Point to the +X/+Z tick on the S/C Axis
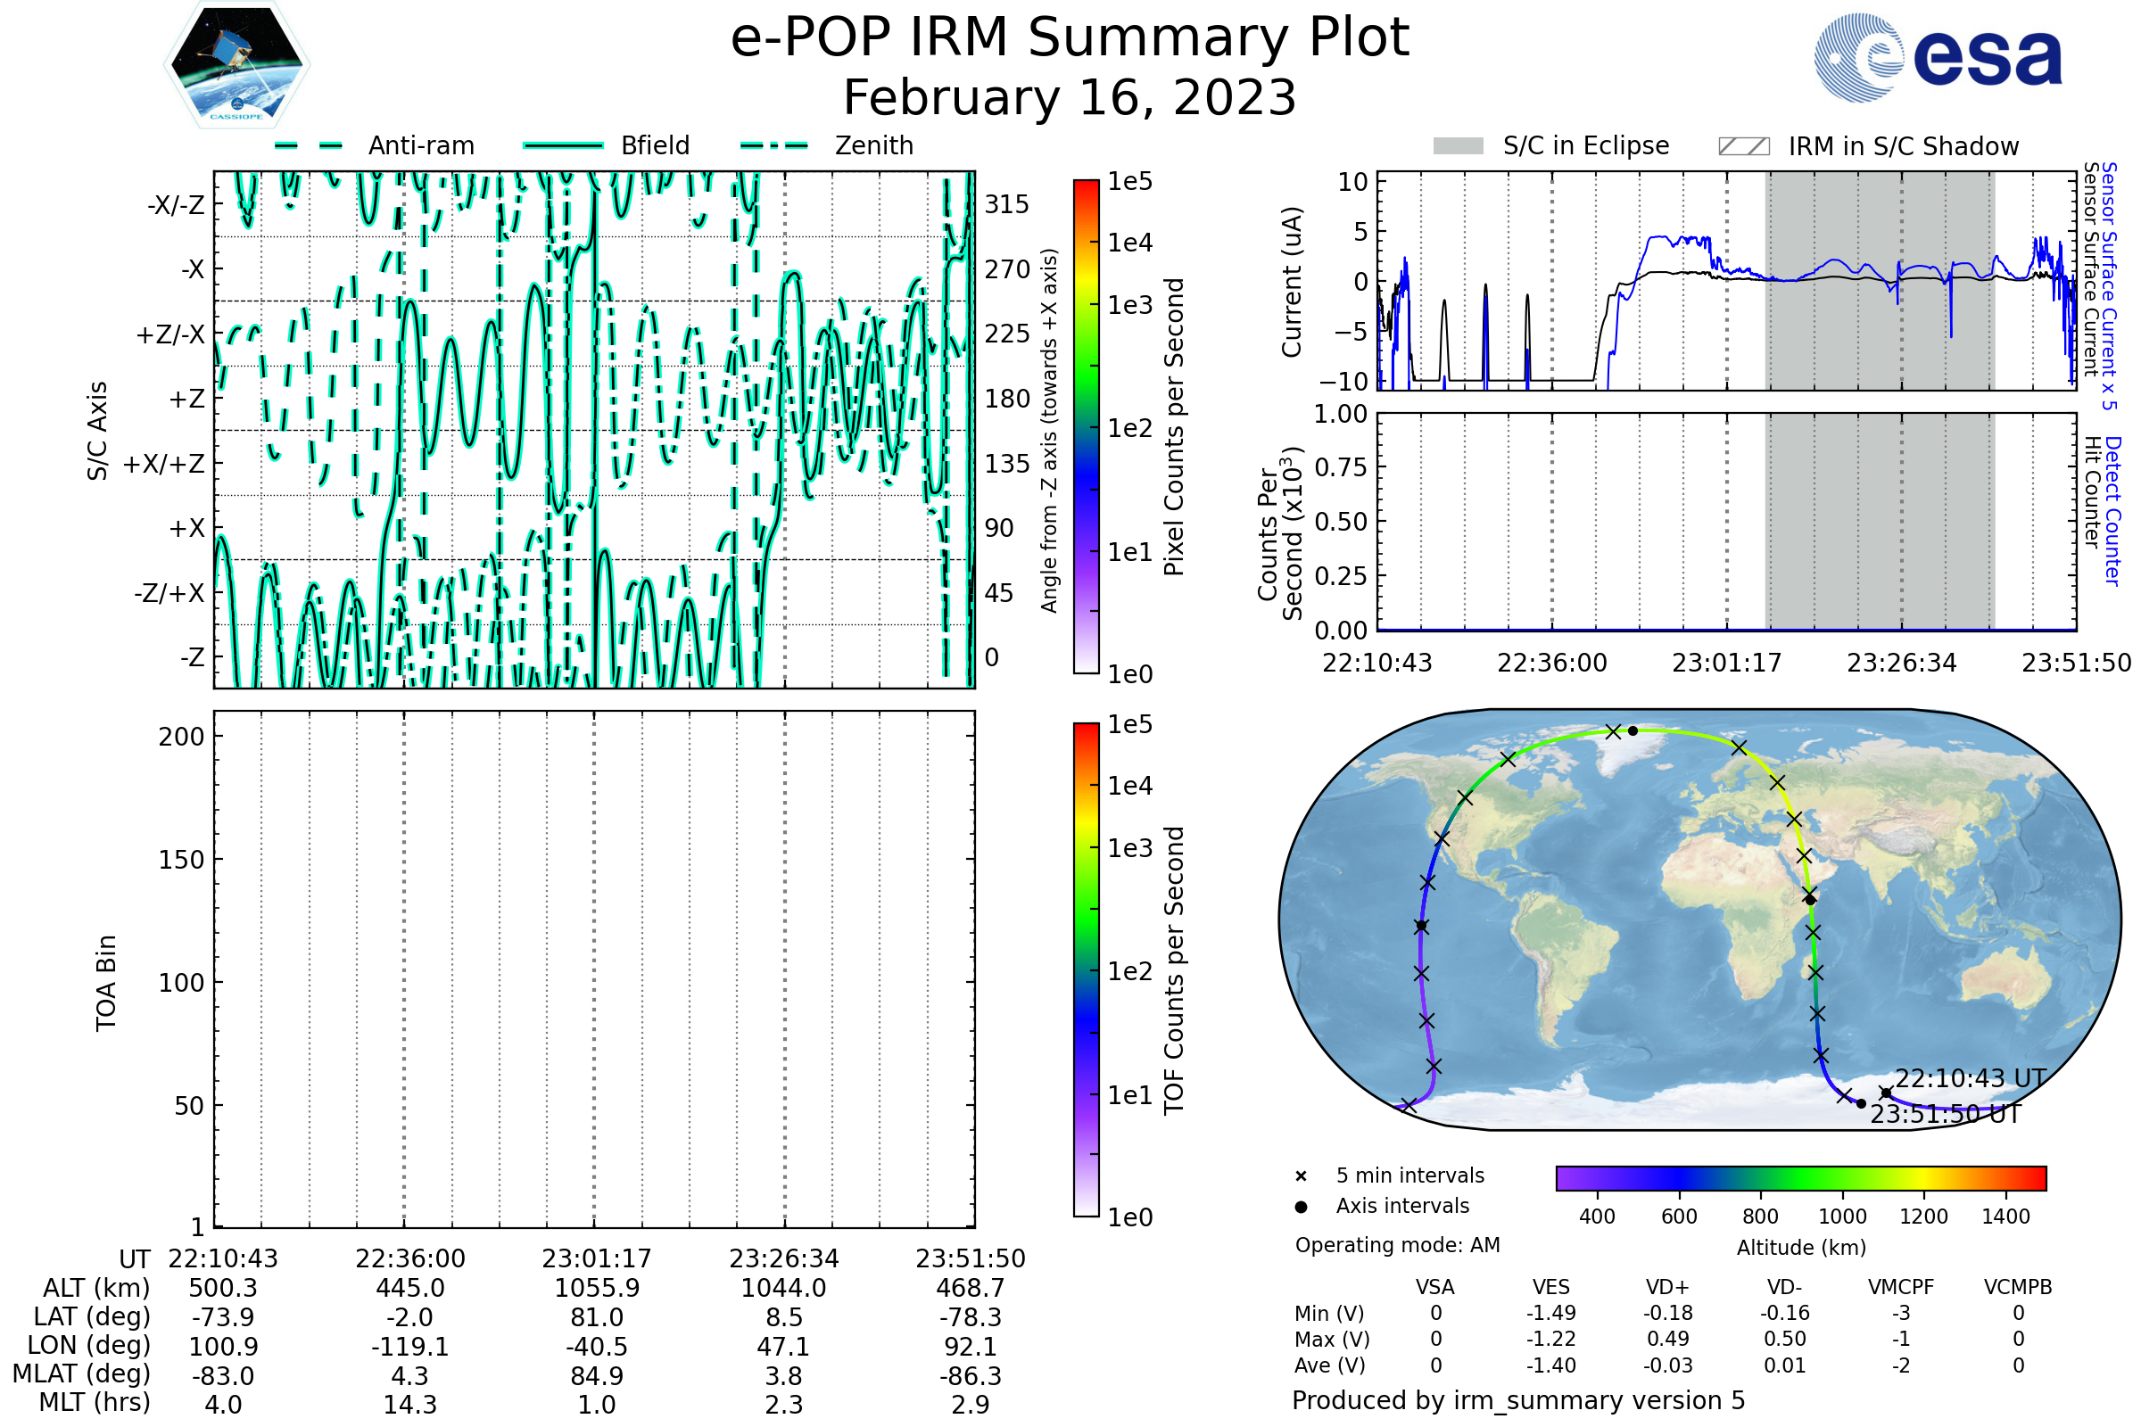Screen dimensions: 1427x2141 tap(164, 464)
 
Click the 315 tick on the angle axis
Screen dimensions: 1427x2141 tap(1006, 204)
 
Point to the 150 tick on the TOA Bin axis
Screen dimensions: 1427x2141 tap(181, 860)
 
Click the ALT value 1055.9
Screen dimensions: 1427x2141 tap(596, 1289)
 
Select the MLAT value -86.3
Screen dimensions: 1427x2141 tap(970, 1376)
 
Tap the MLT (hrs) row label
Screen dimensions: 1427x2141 tap(94, 1402)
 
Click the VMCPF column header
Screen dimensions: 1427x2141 tap(1901, 1288)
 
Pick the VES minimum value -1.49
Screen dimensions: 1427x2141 tap(1550, 1313)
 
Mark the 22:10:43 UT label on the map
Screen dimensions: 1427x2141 tap(1971, 1079)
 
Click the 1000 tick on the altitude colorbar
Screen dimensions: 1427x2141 tap(1841, 1217)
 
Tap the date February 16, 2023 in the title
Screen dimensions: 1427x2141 tap(1070, 98)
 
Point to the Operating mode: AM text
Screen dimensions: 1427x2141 tap(1397, 1245)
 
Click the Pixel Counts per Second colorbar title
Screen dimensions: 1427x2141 tap(1174, 426)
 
